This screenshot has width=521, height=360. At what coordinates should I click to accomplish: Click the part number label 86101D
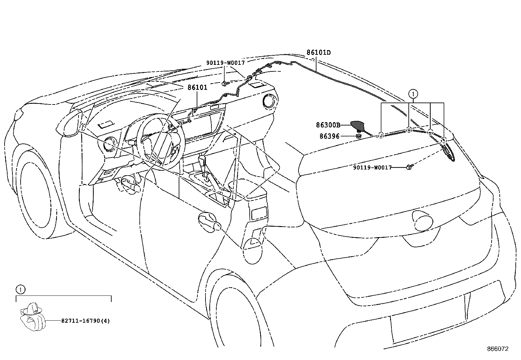point(318,53)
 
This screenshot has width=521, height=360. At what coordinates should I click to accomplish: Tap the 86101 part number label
point(197,87)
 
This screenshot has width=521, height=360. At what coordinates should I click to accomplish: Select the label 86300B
point(328,125)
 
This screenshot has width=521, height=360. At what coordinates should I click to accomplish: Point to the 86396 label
point(329,136)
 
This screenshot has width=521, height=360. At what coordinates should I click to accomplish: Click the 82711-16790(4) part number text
point(85,321)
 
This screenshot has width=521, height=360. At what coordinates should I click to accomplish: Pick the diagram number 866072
point(498,349)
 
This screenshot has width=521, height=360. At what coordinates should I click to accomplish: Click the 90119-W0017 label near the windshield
point(225,63)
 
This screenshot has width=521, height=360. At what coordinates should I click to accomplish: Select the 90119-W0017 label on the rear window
point(372,168)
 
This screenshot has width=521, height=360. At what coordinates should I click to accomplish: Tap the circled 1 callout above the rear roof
point(413,94)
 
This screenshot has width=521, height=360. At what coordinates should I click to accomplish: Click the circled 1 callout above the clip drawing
point(21,290)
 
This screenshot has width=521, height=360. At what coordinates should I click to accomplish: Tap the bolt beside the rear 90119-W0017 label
point(409,167)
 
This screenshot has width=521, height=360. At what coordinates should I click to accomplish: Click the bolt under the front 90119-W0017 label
point(225,83)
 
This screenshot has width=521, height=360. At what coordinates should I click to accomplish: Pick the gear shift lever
point(203,166)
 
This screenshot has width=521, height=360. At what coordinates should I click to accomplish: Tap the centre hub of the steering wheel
point(160,141)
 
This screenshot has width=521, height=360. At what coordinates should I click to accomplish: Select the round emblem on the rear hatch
point(422,220)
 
